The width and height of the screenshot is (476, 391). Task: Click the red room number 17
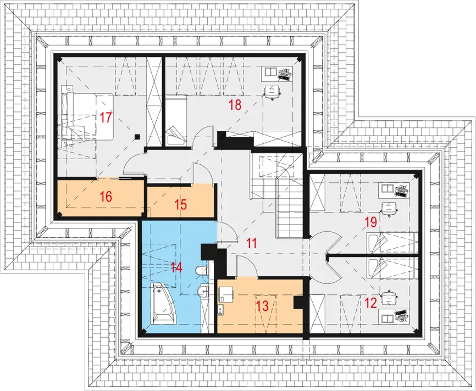click(106, 118)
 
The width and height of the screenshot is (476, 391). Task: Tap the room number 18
click(235, 105)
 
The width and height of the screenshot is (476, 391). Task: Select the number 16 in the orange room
click(106, 197)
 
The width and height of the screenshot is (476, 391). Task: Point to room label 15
click(181, 204)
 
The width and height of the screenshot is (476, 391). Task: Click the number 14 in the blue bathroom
click(176, 267)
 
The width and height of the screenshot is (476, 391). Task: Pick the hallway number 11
click(252, 243)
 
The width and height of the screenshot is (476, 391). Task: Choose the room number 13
click(263, 306)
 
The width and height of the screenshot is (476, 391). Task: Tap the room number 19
click(370, 222)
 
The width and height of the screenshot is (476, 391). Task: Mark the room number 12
click(370, 303)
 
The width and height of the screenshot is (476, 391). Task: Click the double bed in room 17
click(87, 116)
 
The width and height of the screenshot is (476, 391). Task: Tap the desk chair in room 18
click(272, 92)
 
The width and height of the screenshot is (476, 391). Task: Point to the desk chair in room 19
click(389, 209)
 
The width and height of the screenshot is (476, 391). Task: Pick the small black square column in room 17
click(137, 137)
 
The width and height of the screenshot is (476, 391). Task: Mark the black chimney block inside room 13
click(298, 303)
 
